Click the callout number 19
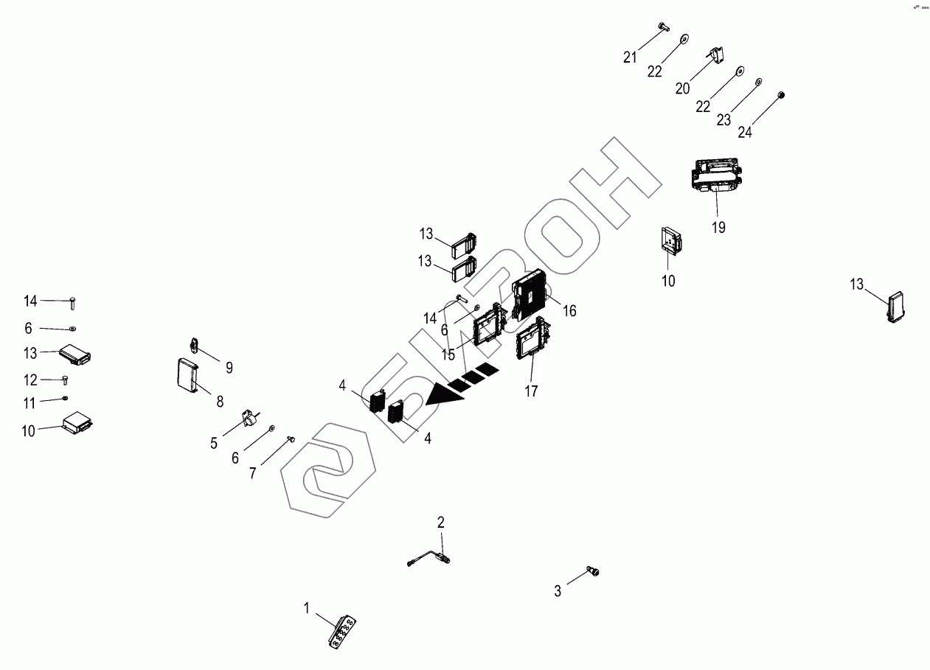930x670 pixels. (x=718, y=228)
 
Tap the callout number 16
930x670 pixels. (x=569, y=311)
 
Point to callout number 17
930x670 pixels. (x=531, y=391)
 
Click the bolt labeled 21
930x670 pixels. (x=662, y=27)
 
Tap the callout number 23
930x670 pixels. (x=724, y=119)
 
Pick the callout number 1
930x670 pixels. (x=306, y=608)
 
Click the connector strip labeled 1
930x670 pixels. (x=343, y=632)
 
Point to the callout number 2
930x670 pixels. (x=441, y=523)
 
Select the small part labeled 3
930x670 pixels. (x=592, y=570)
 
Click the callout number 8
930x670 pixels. (x=220, y=402)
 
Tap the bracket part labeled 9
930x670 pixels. (x=195, y=344)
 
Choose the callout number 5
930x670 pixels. (x=214, y=443)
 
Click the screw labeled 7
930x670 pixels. (x=290, y=439)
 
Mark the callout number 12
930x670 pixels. (x=30, y=380)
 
